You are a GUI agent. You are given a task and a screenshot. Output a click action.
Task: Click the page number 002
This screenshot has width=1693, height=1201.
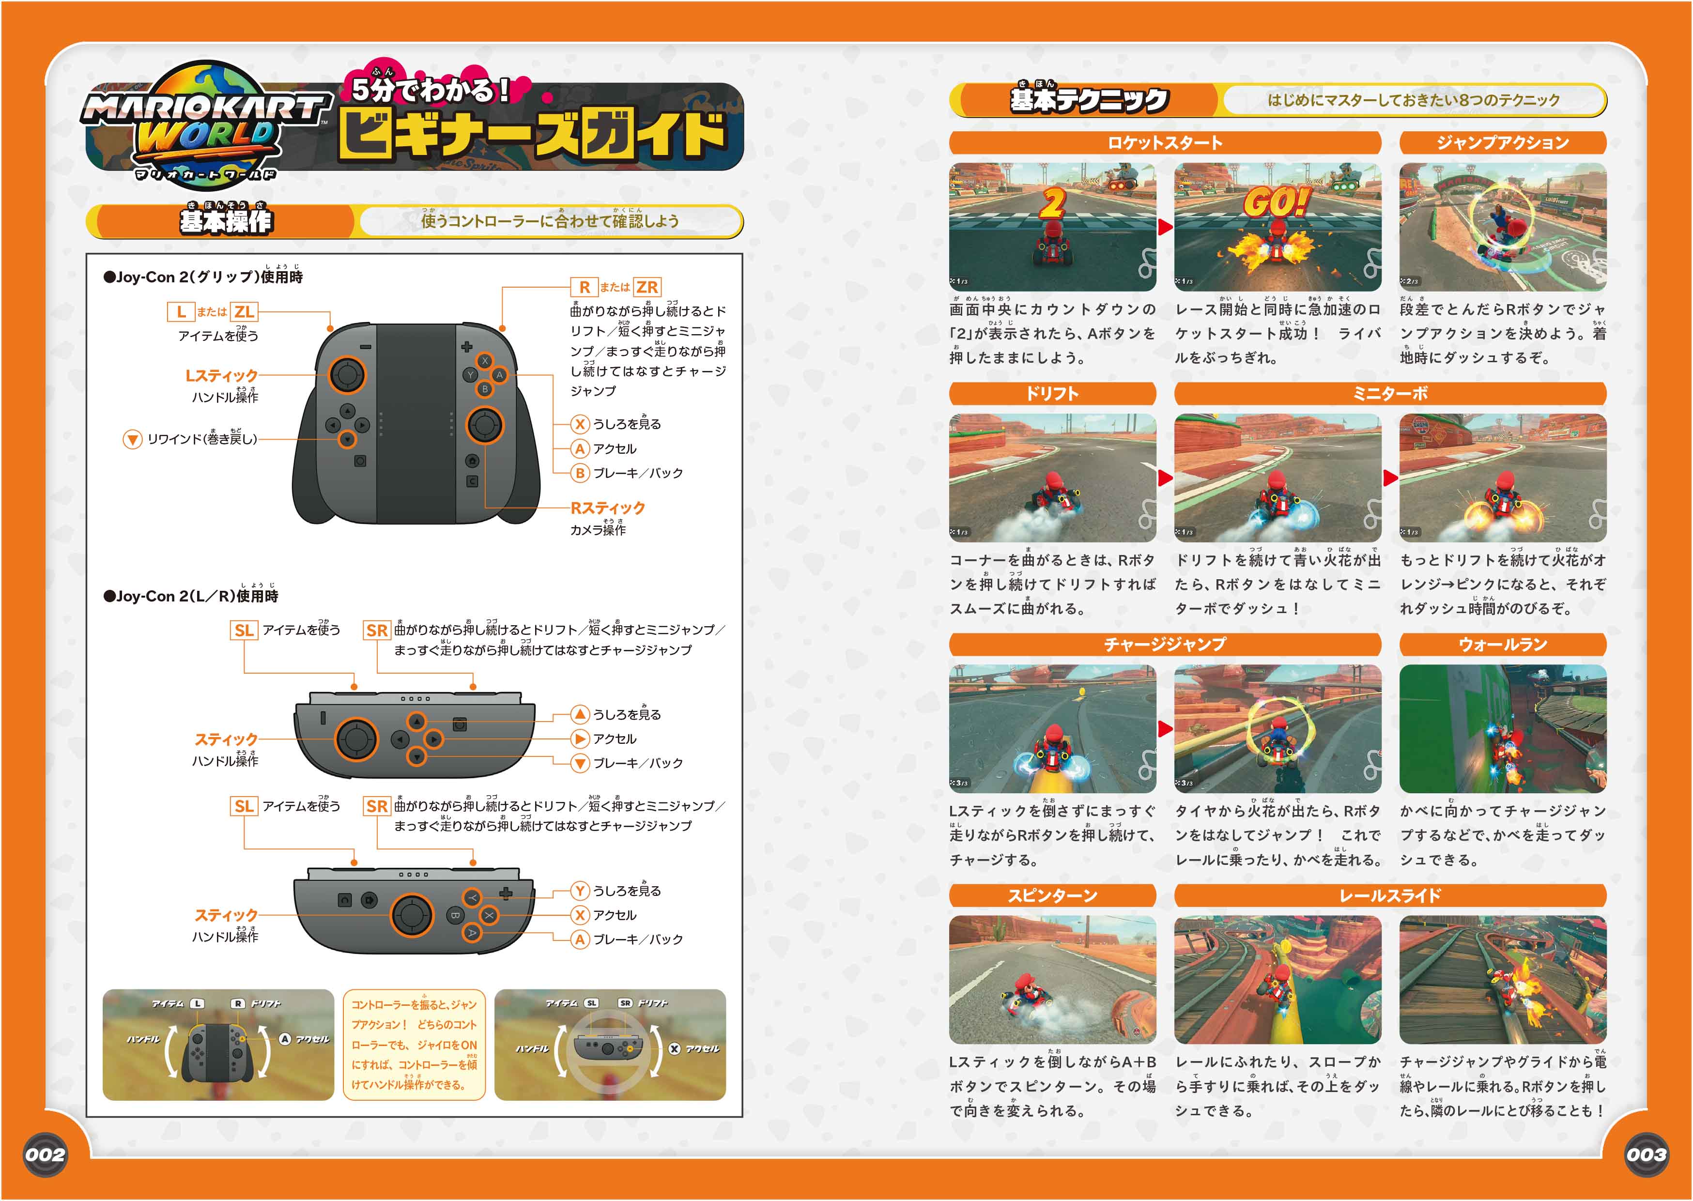click(45, 1155)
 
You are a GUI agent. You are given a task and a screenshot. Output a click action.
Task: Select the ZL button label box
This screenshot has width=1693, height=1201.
click(244, 311)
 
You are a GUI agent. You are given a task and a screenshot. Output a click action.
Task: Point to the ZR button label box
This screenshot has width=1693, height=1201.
click(647, 287)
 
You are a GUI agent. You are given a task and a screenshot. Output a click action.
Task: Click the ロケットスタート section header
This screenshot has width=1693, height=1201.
click(1164, 143)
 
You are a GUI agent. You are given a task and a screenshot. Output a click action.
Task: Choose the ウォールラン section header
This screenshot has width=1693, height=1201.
click(1502, 644)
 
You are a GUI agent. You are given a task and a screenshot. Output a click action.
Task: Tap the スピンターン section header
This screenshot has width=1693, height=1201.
click(1052, 895)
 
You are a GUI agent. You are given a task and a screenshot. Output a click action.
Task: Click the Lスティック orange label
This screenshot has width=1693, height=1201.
click(221, 376)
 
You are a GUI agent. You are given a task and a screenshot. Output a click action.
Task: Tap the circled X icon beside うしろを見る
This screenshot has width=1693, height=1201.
click(580, 424)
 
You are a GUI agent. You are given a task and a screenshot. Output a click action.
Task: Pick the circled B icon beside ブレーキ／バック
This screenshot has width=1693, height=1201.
click(580, 473)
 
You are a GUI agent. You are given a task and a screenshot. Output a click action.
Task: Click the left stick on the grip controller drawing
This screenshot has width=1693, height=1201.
click(346, 375)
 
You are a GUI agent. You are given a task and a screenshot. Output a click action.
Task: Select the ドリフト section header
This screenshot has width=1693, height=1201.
click(1052, 393)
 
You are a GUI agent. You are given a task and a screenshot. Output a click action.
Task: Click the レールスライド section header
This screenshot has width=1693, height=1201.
click(1390, 895)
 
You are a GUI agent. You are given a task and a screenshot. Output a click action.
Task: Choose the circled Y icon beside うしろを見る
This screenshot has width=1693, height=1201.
click(580, 891)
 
